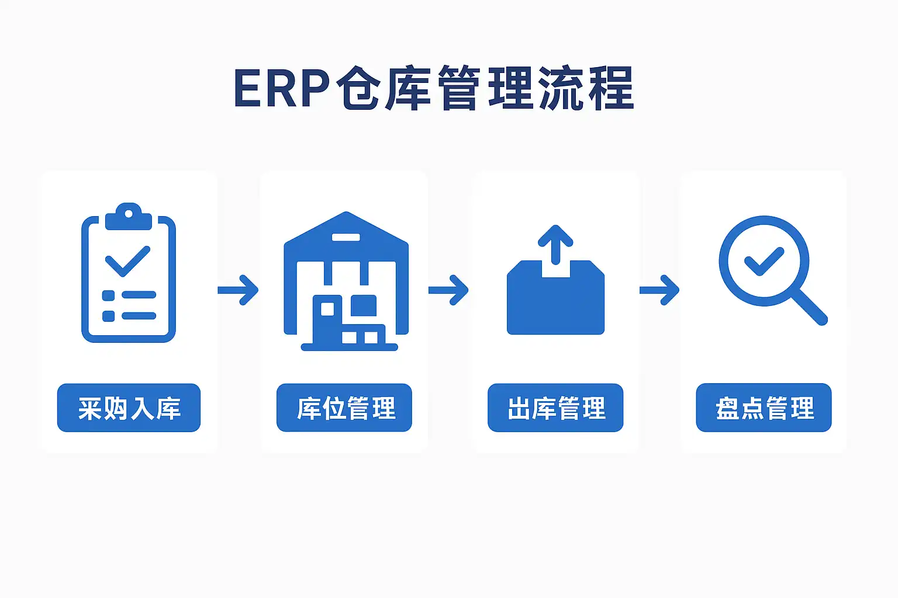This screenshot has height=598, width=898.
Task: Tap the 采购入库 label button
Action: [x=129, y=408]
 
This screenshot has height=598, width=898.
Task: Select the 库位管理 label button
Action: [x=344, y=408]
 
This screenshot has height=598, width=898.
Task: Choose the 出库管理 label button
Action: [x=555, y=408]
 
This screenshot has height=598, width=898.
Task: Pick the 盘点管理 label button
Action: [x=764, y=408]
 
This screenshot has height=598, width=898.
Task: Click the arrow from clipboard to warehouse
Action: [x=238, y=290]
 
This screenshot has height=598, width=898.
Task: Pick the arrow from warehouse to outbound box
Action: [x=448, y=290]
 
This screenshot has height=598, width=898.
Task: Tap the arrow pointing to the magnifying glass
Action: [x=659, y=290]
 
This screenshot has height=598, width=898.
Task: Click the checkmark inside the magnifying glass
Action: [x=763, y=261]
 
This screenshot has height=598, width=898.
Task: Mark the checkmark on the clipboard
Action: [x=127, y=261]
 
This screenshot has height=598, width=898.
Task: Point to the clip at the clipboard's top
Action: [x=129, y=216]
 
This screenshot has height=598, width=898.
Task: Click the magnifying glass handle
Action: [x=810, y=307]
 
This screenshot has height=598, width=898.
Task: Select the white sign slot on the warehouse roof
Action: [x=346, y=237]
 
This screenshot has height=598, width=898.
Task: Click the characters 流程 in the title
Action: [x=586, y=89]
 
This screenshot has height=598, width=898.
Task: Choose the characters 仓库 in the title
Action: [x=384, y=89]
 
